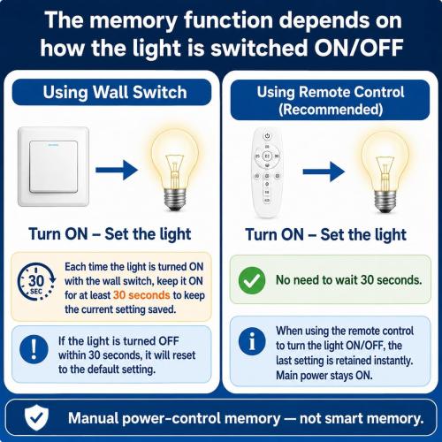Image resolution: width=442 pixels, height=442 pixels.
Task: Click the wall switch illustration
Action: [x=53, y=167]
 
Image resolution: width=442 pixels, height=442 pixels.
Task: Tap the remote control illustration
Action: [x=267, y=172]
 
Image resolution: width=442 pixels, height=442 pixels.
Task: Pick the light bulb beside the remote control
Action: [x=385, y=171]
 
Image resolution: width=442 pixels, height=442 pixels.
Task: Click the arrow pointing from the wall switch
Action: [x=117, y=170]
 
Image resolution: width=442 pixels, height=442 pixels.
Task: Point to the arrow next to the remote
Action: [x=324, y=171]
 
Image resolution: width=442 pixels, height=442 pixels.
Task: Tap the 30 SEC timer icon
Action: [x=36, y=281]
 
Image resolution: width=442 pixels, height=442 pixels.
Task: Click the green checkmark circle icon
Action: [x=252, y=280]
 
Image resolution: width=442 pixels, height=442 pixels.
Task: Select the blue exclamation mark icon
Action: [x=34, y=349]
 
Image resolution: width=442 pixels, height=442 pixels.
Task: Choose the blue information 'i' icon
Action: [x=252, y=341]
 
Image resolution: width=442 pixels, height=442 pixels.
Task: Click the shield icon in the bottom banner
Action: [x=36, y=417]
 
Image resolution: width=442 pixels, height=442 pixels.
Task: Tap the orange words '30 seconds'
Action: [x=141, y=295]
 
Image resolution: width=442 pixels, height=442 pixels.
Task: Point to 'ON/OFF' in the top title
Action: [x=358, y=48]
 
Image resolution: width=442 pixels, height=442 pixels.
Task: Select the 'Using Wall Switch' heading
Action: [x=115, y=92]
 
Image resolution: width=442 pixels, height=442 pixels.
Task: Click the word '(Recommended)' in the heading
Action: [x=331, y=110]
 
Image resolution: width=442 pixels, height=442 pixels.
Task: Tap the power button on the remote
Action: [x=267, y=136]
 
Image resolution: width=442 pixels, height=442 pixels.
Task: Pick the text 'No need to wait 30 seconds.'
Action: [x=348, y=280]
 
